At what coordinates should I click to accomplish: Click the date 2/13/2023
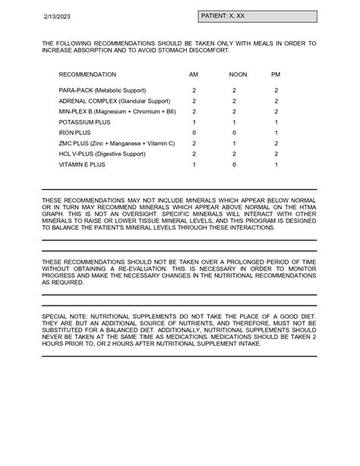click(x=55, y=16)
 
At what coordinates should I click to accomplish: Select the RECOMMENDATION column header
click(x=87, y=74)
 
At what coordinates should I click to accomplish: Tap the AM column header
click(x=194, y=74)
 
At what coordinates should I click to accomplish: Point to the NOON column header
click(x=234, y=74)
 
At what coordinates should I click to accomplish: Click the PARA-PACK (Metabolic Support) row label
click(x=103, y=90)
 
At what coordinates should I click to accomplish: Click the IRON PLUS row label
click(x=76, y=132)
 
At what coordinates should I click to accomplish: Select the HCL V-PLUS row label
click(x=103, y=154)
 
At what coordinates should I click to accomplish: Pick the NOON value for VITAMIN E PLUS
click(x=234, y=164)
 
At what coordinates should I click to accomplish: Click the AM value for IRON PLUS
click(x=194, y=132)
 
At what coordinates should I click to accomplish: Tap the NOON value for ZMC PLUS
click(x=234, y=143)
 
